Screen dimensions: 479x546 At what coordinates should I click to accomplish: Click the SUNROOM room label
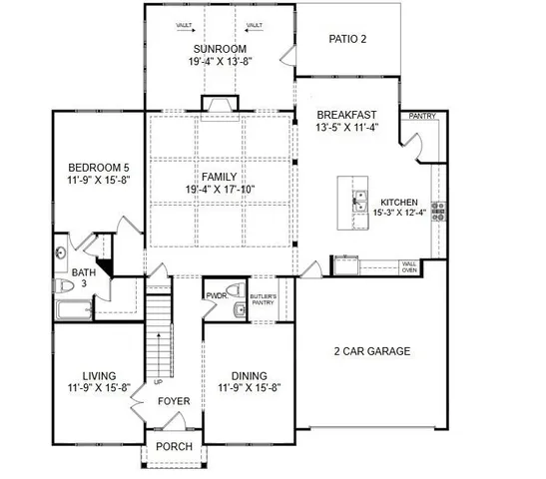(x=220, y=48)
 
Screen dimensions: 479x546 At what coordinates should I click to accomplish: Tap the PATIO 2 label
(x=348, y=39)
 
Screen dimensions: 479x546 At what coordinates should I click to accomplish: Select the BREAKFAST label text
(x=347, y=115)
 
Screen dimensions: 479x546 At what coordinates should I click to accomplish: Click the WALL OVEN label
(x=409, y=266)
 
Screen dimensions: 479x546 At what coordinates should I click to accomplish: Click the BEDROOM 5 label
(x=95, y=167)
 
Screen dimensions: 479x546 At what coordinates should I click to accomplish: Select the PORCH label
(x=175, y=445)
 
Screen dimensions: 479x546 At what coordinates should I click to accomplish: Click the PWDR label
(x=216, y=296)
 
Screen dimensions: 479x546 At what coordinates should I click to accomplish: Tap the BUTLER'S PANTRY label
(x=262, y=300)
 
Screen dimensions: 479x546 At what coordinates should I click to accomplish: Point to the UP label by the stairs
(x=158, y=382)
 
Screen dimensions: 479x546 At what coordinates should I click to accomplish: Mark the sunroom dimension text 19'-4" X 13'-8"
(x=220, y=62)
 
